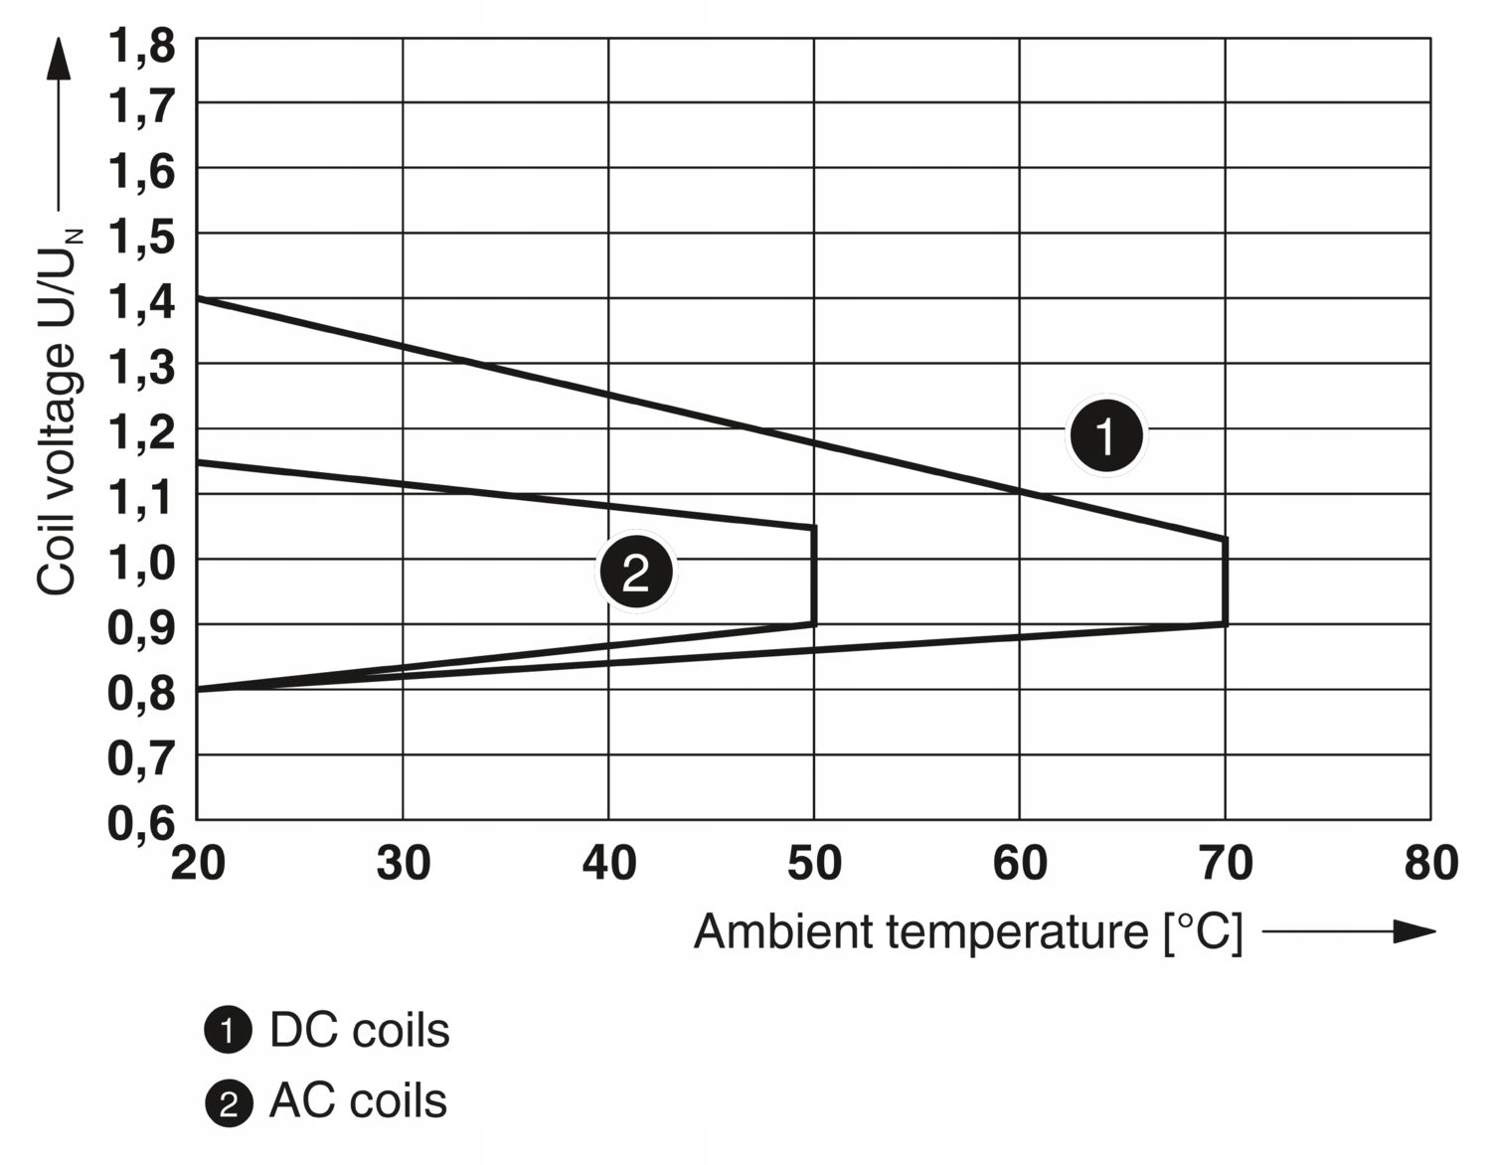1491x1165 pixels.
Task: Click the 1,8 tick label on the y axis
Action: (x=140, y=46)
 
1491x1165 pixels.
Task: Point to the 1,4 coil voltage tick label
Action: (x=140, y=301)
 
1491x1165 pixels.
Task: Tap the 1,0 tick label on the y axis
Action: (x=140, y=563)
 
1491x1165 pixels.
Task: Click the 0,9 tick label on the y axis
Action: (x=140, y=627)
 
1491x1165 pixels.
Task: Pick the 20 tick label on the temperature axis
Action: (x=198, y=863)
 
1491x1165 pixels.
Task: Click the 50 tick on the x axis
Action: (x=814, y=863)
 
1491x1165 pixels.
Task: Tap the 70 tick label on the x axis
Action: (x=1226, y=863)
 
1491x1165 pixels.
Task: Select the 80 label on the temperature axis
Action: (x=1431, y=863)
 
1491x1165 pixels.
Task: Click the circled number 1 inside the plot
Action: (x=1105, y=435)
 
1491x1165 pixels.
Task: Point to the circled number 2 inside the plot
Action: (x=635, y=572)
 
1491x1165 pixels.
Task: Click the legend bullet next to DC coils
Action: (x=228, y=1032)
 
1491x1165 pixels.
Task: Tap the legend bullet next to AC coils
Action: (x=228, y=1103)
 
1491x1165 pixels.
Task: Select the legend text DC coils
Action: (x=359, y=1031)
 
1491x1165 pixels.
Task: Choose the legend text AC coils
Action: (x=358, y=1101)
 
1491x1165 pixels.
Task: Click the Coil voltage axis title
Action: (x=58, y=413)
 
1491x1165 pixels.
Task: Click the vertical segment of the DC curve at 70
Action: (x=1225, y=582)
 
